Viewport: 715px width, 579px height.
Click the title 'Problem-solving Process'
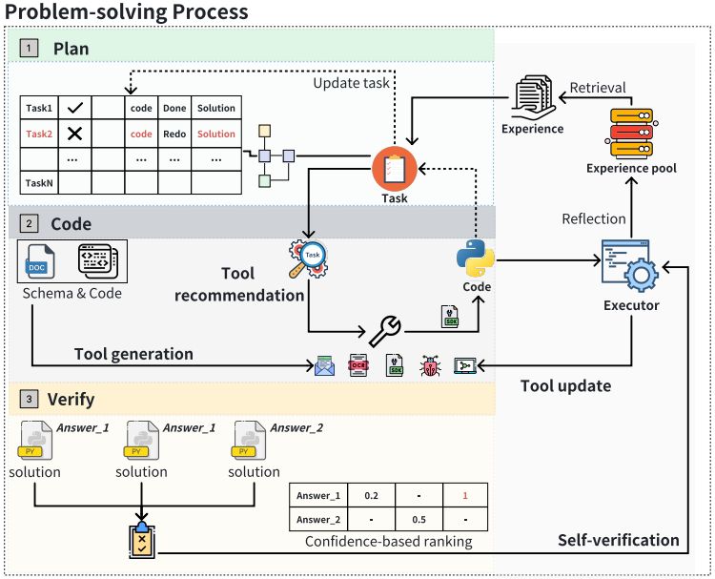point(127,12)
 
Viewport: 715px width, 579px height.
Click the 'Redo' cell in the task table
point(174,134)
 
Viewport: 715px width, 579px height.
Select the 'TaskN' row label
point(39,182)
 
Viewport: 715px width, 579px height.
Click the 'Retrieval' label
point(598,88)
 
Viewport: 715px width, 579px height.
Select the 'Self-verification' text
point(618,541)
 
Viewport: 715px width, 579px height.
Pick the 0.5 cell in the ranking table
point(417,521)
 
